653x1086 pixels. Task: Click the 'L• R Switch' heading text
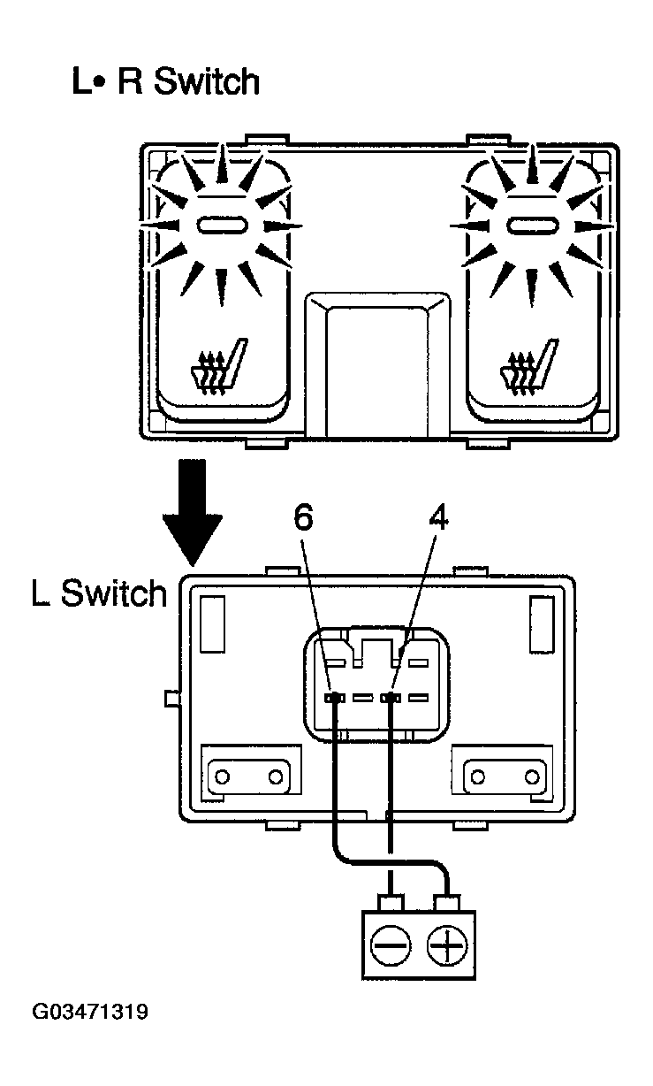(165, 81)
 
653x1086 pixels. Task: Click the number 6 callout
(303, 517)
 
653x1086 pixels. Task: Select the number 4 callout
(438, 517)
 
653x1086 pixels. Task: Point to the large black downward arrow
(193, 512)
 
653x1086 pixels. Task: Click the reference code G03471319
(90, 1013)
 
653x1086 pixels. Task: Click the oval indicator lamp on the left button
(222, 225)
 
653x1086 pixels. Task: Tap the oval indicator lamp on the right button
(532, 225)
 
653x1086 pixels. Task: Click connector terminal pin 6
(334, 698)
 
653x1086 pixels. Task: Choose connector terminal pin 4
(391, 698)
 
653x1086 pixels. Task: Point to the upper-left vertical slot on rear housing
(212, 624)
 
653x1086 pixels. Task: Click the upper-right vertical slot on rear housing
(542, 624)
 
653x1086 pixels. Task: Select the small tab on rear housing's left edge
(172, 699)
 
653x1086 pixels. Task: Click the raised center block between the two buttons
(377, 365)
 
